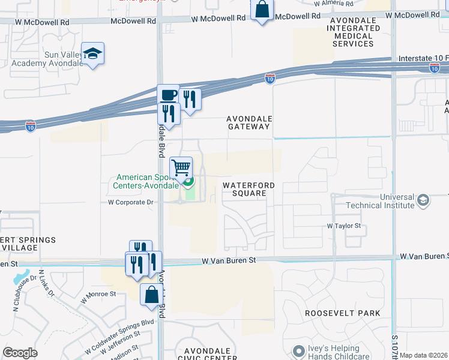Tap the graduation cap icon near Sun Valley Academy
pyautogui.click(x=93, y=55)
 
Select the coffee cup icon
pyautogui.click(x=169, y=95)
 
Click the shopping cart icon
pyautogui.click(x=181, y=168)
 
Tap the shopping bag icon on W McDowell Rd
pyautogui.click(x=262, y=10)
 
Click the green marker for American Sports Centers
pyautogui.click(x=188, y=182)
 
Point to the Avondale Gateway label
pyautogui.click(x=249, y=123)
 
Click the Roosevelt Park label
pyautogui.click(x=342, y=313)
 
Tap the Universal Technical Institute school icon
pyautogui.click(x=423, y=200)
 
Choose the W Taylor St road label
pyautogui.click(x=343, y=226)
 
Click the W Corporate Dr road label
pyautogui.click(x=131, y=203)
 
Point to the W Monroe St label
pyautogui.click(x=97, y=294)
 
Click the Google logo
pyautogui.click(x=20, y=353)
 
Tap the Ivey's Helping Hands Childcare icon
pyautogui.click(x=298, y=350)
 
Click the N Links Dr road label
pyautogui.click(x=46, y=284)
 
